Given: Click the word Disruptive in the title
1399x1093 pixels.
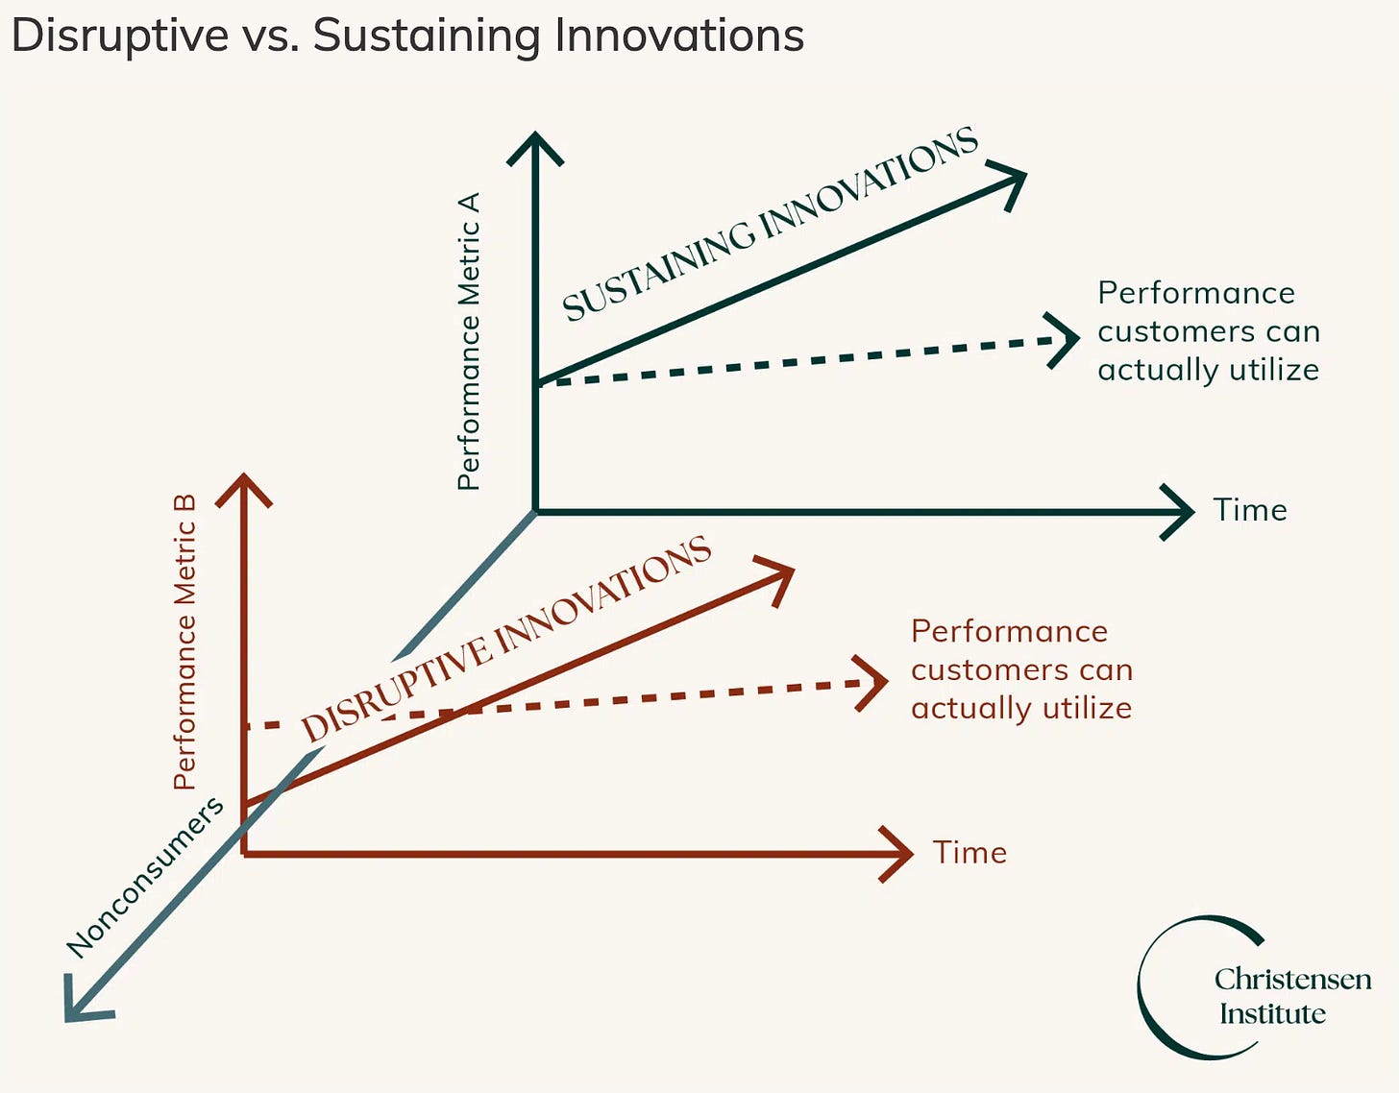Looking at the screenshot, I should point(120,36).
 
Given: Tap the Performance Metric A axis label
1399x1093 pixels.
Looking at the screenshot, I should point(469,341).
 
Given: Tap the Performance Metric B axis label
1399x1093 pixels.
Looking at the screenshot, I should point(184,642).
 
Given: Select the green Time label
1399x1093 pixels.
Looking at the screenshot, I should point(1249,510).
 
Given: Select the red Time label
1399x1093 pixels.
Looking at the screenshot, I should point(969,853).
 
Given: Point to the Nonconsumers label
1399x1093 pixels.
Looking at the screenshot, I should point(145,877).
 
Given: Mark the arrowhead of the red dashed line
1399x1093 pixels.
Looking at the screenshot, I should point(875,682).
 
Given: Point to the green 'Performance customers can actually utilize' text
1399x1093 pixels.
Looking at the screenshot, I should point(1208,331).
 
